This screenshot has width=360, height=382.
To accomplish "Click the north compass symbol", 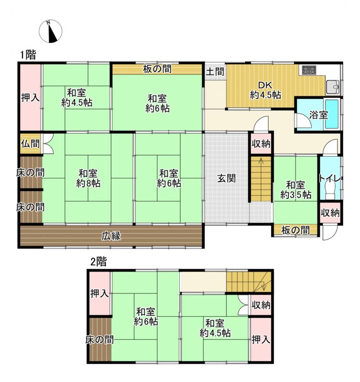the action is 51,32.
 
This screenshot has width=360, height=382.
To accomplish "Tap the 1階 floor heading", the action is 28,54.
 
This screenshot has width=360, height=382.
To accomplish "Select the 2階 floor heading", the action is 98,262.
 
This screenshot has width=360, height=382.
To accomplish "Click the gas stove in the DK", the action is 309,70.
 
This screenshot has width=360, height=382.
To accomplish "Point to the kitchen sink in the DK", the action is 333,87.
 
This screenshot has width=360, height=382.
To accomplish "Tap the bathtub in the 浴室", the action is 332,114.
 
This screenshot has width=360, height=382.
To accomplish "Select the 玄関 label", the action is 226,179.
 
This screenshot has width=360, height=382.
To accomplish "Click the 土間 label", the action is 215,72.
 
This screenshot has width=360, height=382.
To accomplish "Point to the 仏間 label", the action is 30,144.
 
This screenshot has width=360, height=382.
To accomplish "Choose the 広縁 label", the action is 111,236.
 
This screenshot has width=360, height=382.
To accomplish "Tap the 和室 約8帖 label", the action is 88,179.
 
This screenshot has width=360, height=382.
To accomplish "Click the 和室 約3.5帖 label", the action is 295,190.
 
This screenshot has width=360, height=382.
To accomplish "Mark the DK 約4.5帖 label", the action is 265,90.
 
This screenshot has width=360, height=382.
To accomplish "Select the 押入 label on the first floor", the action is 30,98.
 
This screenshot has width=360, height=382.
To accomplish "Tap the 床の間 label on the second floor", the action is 99,340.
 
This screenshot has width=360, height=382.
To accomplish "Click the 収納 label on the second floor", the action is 261,305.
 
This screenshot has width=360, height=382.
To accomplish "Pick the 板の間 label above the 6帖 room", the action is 157,69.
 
